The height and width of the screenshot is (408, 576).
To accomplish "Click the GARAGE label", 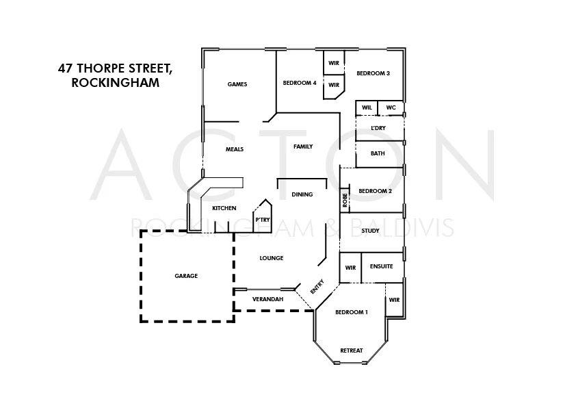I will pos(186,276).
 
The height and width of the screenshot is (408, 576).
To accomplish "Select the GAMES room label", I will pos(237,84).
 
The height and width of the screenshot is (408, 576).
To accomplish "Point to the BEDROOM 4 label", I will pos(300,84).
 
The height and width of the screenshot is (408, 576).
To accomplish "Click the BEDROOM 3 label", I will pos(374,73).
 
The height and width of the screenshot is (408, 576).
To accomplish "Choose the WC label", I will pos(391,107).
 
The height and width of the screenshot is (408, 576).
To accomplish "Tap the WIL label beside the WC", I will pos(367,107).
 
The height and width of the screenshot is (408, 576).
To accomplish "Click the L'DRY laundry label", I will pos(378,128).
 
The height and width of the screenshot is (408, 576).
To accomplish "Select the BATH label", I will pos(378,153).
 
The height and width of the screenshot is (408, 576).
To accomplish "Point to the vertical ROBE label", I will pos(345,201).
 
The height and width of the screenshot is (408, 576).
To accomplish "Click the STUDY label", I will pos(370,231).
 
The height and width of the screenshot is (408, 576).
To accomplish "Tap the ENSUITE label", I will pos(381,266).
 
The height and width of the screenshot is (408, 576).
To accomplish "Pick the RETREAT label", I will pos(352,350).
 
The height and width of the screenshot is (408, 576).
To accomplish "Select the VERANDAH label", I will pos(267,299).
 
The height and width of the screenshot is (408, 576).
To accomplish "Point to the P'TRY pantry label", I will pos(262,220).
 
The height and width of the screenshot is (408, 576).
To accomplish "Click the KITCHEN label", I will pos(224,208).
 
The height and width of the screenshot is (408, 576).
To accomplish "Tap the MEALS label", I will pos(235,149).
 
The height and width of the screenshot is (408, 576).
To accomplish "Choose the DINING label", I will pos(302,194).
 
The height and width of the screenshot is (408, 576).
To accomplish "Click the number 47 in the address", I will pos(66,69).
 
